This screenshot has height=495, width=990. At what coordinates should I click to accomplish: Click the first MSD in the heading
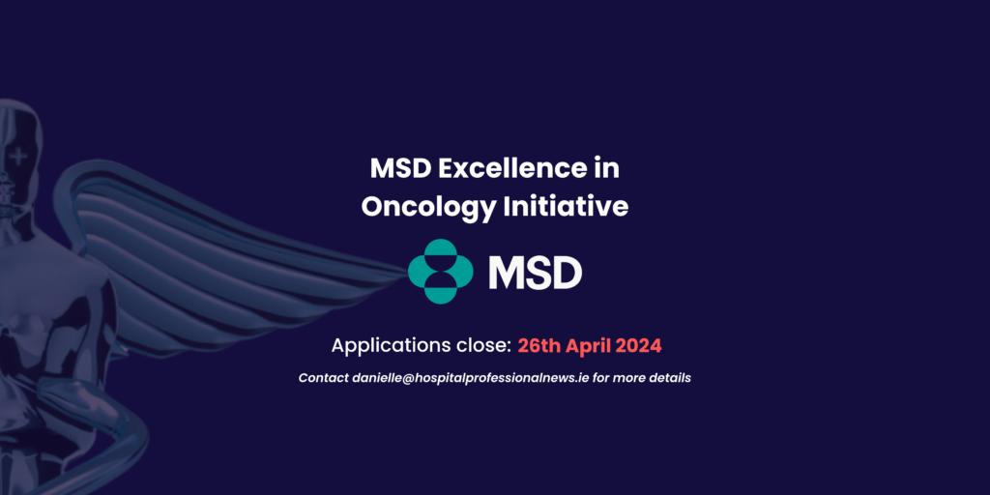[400, 168]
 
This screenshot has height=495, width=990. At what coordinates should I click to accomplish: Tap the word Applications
[389, 345]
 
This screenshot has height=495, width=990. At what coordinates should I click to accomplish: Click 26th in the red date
[538, 345]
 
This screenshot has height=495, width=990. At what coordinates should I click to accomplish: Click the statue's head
[21, 145]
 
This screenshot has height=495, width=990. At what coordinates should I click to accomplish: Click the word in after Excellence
[605, 168]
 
